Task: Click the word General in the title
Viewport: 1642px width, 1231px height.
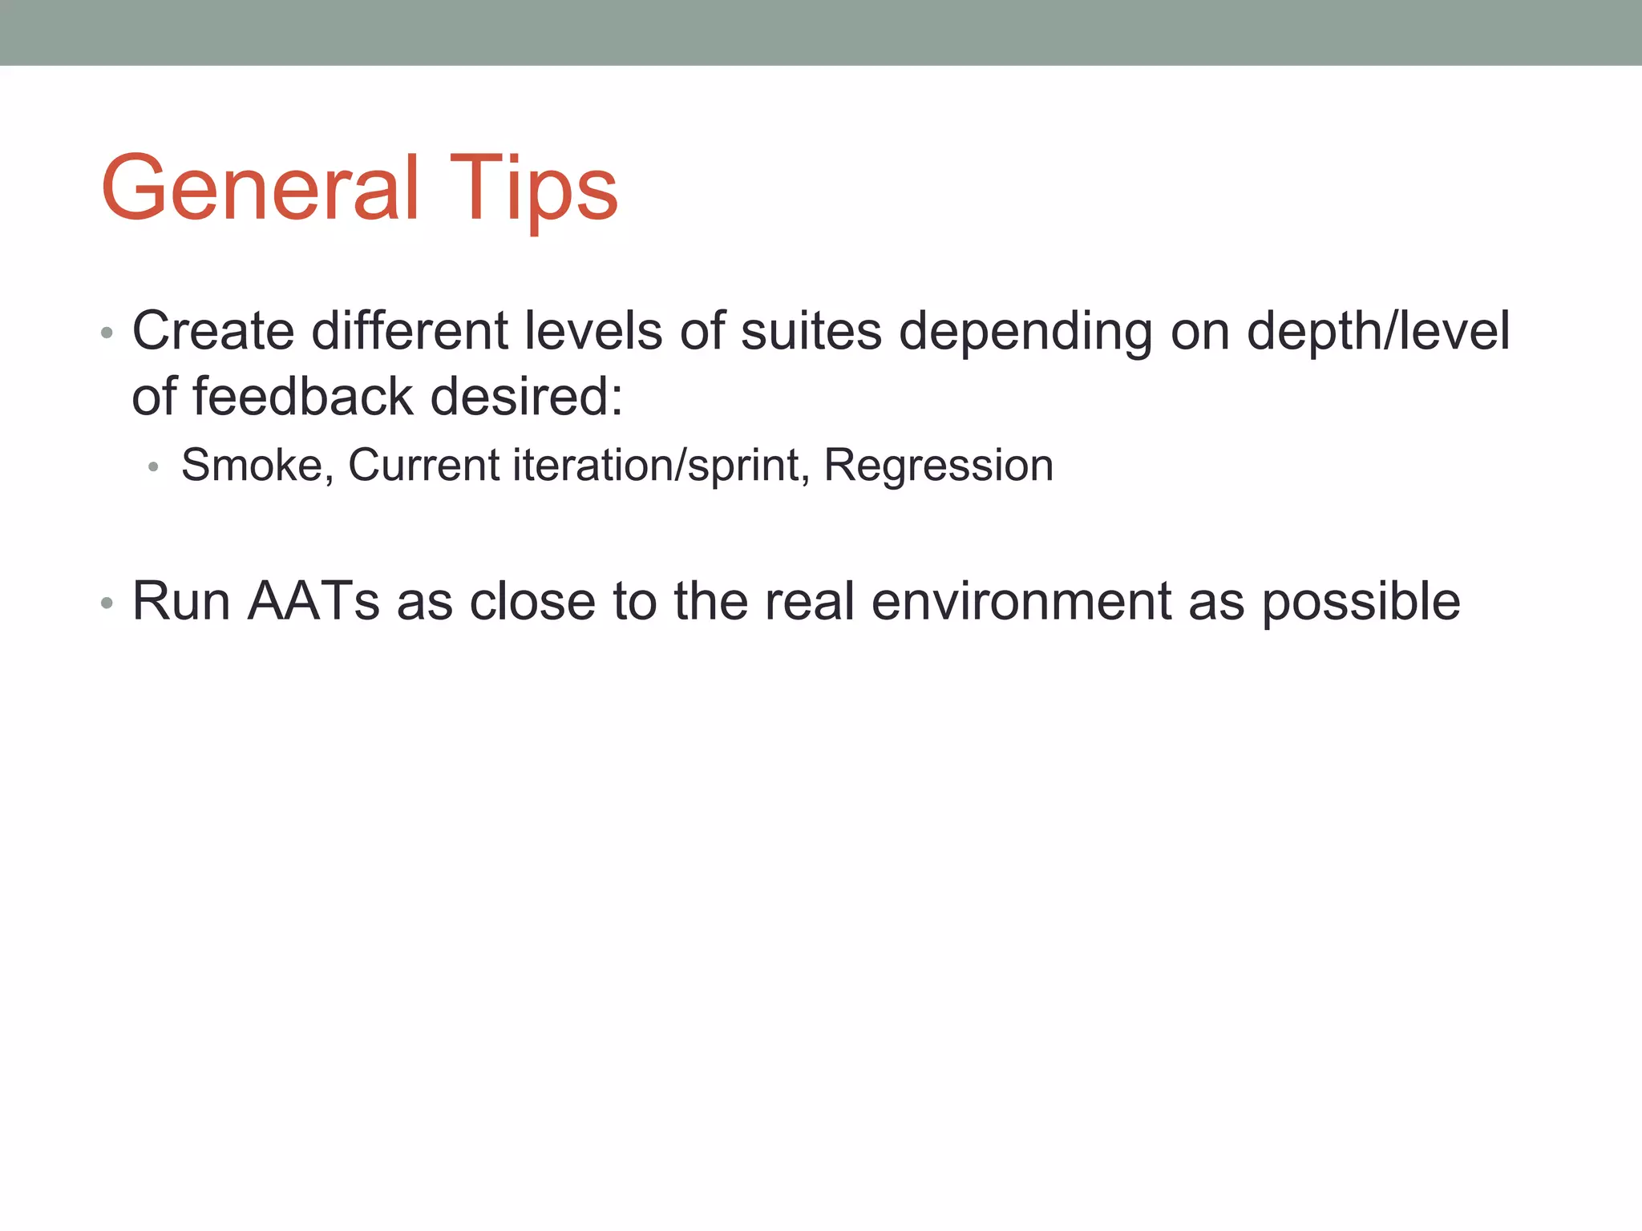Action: coord(261,188)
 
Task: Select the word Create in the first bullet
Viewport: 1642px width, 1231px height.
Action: coord(213,330)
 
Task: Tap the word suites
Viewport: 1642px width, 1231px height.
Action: coord(811,330)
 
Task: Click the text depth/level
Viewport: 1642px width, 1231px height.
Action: coord(1377,330)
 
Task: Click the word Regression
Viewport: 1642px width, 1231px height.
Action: coord(939,466)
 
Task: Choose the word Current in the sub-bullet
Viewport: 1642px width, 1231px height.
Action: coord(424,465)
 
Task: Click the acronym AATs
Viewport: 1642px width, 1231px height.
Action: coord(313,600)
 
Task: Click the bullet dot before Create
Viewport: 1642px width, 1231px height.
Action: coord(107,333)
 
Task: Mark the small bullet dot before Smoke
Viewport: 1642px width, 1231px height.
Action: coord(154,467)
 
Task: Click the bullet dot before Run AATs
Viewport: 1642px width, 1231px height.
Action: coord(107,603)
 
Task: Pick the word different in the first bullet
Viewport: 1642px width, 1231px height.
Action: coord(409,330)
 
